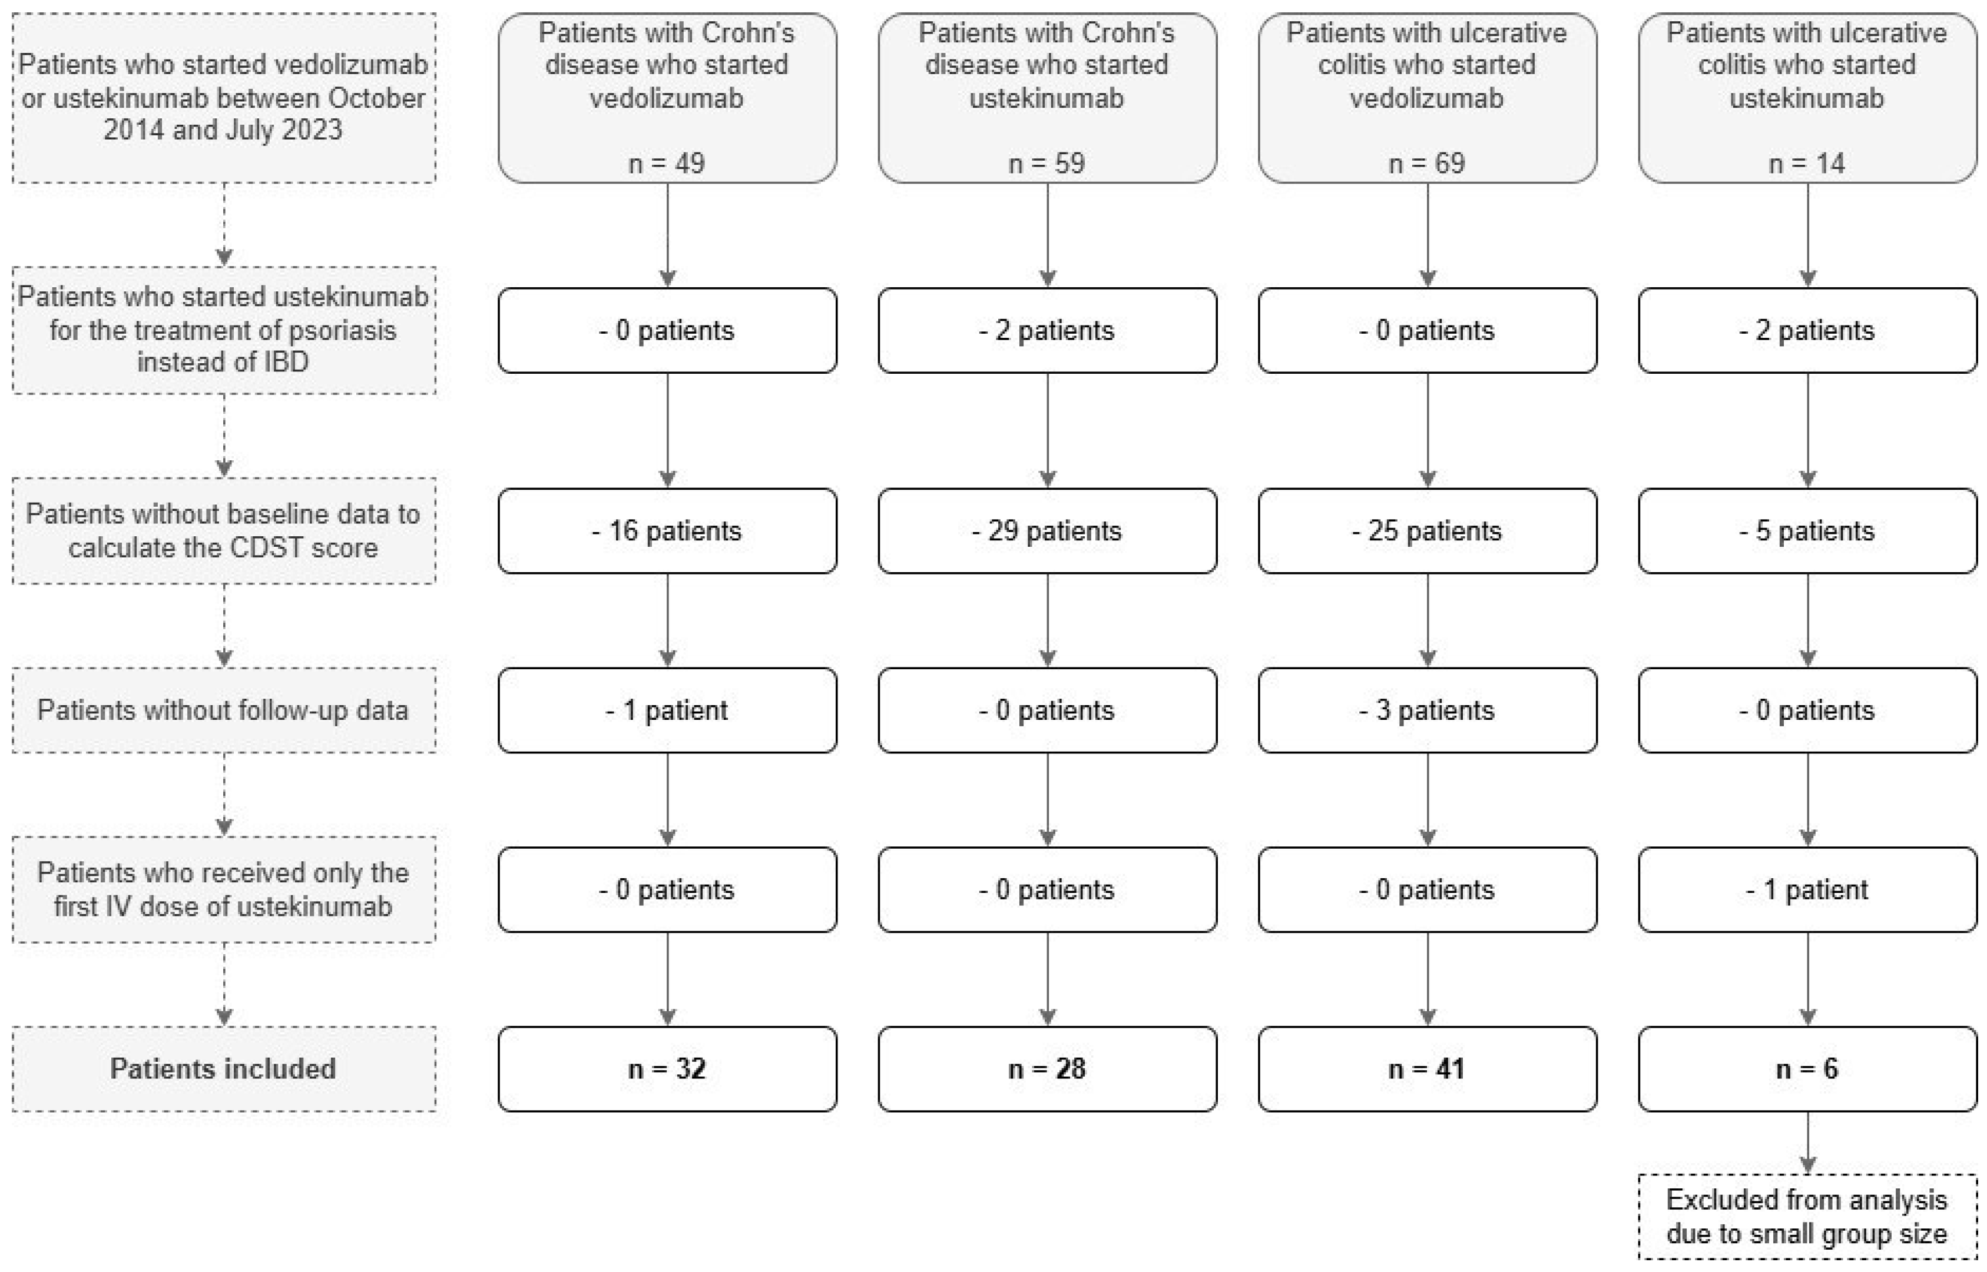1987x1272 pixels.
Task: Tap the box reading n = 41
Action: [x=1427, y=1069]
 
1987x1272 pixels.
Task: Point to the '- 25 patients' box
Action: [x=1427, y=530]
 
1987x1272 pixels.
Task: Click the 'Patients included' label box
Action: [x=223, y=1069]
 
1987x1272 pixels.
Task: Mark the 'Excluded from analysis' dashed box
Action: [x=1807, y=1216]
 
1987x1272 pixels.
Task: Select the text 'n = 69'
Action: [x=1427, y=162]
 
